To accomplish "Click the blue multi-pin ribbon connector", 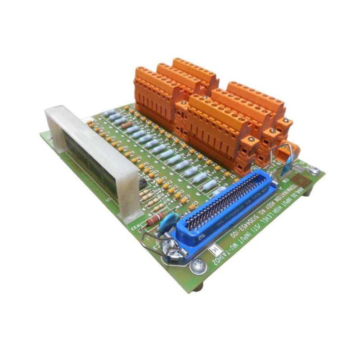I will pyautogui.click(x=216, y=211).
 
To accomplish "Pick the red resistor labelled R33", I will pyautogui.click(x=153, y=220).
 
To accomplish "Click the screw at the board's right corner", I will pyautogui.click(x=314, y=171).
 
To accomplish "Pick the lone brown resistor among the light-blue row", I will pyautogui.click(x=127, y=125).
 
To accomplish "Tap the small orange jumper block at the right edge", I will pyautogui.click(x=293, y=148).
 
